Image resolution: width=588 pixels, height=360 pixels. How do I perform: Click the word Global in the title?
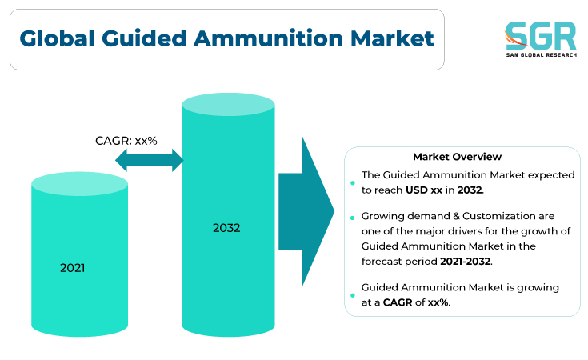point(57,38)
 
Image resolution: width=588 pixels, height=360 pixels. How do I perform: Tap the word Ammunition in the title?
point(268,38)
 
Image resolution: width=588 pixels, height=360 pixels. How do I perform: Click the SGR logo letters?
point(540,36)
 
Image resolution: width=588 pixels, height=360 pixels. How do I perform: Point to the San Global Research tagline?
point(542,55)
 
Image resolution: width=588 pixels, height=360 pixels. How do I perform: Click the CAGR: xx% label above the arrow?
point(126,141)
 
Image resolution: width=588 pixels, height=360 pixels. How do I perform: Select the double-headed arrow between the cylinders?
point(150,160)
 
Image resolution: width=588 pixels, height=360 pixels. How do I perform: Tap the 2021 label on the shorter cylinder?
point(72,268)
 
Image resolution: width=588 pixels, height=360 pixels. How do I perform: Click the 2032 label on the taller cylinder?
point(226,228)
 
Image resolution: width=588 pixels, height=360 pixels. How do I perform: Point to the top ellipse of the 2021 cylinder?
point(79,184)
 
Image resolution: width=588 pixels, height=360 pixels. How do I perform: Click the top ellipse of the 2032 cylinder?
point(228,104)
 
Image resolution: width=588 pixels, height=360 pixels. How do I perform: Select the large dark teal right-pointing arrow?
point(306,211)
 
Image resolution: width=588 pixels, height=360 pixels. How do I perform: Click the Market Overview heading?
point(457,156)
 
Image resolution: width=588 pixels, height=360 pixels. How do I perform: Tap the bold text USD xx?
point(424,190)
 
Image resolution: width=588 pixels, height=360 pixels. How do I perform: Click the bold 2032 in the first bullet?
point(470,190)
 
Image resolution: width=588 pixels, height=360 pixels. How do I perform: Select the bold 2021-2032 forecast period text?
point(466,261)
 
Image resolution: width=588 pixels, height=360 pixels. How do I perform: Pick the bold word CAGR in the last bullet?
point(398,302)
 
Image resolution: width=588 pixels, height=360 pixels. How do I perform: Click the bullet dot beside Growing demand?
point(353,218)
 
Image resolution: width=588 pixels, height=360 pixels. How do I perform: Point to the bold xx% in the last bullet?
point(438,302)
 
